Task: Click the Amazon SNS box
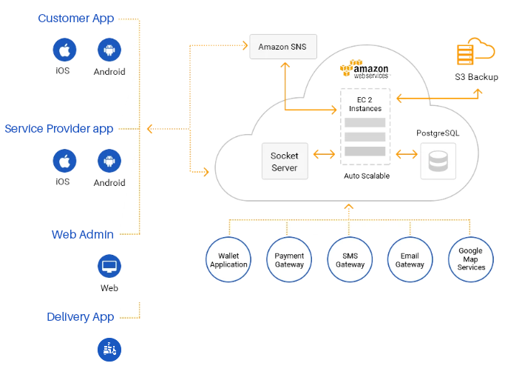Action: click(283, 47)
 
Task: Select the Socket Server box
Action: click(284, 162)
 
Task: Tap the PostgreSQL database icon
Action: click(438, 161)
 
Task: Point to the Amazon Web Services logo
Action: click(364, 70)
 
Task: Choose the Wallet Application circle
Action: click(228, 259)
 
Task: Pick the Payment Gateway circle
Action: click(289, 259)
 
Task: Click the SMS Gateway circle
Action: click(350, 259)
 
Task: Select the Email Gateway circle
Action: click(410, 259)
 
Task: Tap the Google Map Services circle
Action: click(470, 259)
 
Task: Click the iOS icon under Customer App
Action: click(64, 50)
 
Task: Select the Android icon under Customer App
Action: click(109, 50)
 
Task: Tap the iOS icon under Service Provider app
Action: click(64, 161)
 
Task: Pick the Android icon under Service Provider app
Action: click(109, 161)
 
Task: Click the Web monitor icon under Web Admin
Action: click(109, 265)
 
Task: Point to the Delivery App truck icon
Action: click(109, 349)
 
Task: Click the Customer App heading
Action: click(76, 18)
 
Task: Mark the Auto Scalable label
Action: click(366, 176)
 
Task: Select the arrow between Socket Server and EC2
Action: click(324, 154)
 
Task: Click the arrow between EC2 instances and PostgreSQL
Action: click(407, 154)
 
